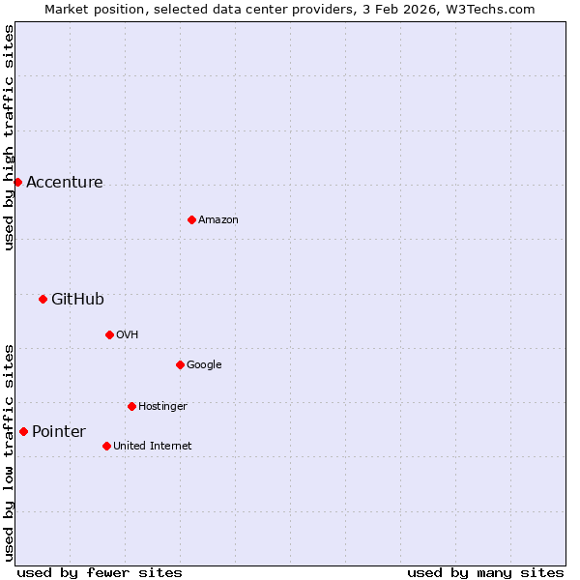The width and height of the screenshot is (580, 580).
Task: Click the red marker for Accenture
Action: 17,182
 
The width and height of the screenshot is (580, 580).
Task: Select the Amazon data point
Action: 191,219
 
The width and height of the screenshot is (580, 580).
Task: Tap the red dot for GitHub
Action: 43,299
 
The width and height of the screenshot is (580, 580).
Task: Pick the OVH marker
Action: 109,334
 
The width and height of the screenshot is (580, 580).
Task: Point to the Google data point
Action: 180,364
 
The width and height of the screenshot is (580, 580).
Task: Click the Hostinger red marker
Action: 131,406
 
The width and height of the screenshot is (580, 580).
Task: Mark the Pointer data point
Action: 23,431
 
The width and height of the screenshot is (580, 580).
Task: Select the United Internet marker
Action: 106,446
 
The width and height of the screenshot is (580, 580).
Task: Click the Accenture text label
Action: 64,183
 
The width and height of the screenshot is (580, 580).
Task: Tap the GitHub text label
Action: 77,300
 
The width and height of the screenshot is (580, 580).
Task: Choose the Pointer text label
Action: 59,432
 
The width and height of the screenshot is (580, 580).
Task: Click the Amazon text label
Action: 218,220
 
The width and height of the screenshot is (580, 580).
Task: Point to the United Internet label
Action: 153,447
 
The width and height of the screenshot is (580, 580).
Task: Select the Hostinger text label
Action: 162,407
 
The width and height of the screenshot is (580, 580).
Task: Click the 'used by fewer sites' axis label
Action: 100,572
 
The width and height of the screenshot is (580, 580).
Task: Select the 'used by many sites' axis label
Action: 485,572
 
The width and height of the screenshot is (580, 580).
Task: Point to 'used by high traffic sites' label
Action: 9,137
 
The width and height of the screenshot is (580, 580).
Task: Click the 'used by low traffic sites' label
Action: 9,452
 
